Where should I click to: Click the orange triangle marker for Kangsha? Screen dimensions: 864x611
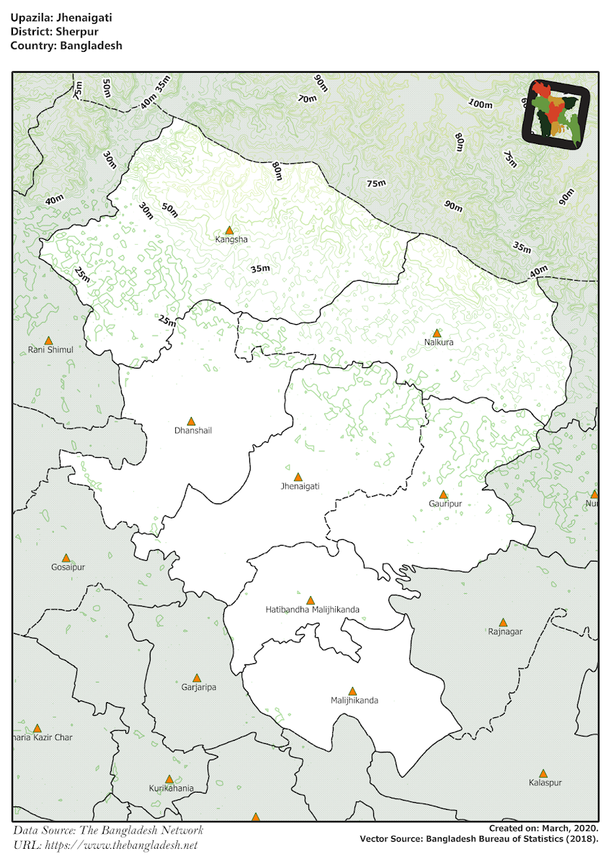pyautogui.click(x=229, y=230)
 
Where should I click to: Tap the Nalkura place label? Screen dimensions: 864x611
pyautogui.click(x=439, y=343)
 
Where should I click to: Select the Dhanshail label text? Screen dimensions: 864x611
pyautogui.click(x=193, y=431)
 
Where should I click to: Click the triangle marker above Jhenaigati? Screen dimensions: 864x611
pyautogui.click(x=298, y=477)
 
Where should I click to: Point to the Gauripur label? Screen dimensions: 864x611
pyautogui.click(x=445, y=504)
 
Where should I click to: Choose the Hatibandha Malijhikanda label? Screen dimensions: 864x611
pyautogui.click(x=312, y=610)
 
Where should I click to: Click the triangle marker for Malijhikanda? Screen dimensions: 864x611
pyautogui.click(x=352, y=691)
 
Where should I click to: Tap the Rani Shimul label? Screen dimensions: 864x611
pyautogui.click(x=50, y=350)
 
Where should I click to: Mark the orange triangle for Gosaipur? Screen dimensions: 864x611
pyautogui.click(x=66, y=558)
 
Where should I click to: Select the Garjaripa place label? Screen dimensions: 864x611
pyautogui.click(x=199, y=687)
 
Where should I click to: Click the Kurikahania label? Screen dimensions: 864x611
pyautogui.click(x=171, y=788)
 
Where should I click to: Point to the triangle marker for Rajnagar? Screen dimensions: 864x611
pyautogui.click(x=503, y=622)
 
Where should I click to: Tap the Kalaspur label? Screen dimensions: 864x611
pyautogui.click(x=545, y=783)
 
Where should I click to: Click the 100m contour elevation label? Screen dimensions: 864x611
pyautogui.click(x=480, y=104)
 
